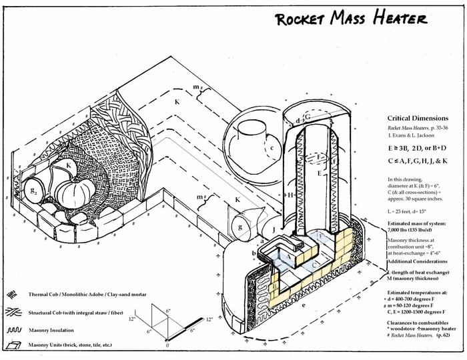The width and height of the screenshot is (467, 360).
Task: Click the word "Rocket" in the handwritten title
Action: (301, 19)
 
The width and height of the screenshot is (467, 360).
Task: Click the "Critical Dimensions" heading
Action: (416, 118)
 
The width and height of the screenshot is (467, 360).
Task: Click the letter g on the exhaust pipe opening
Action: (240, 227)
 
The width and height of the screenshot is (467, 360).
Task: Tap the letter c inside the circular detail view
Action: (272, 148)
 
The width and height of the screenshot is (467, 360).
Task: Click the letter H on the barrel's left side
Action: (290, 195)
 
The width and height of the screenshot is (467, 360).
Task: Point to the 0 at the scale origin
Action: (167, 347)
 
